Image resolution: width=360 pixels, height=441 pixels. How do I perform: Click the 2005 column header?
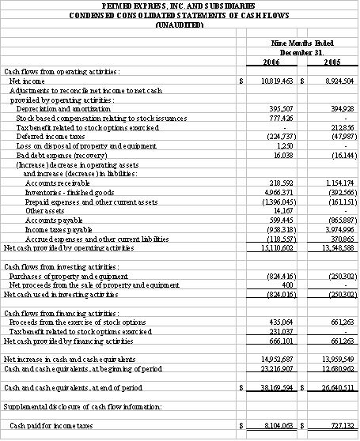point(333,62)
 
